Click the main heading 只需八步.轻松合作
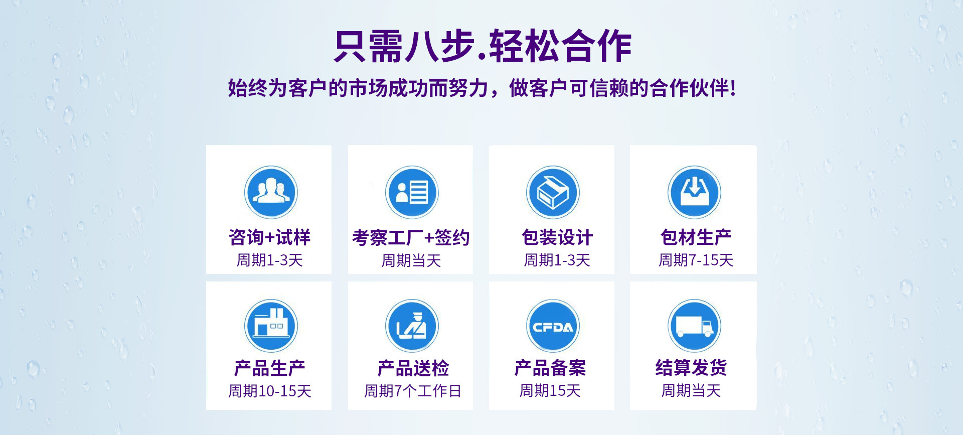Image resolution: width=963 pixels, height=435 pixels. click(483, 46)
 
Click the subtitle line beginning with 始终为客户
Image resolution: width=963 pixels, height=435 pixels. click(482, 88)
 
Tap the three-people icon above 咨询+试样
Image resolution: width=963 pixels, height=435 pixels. click(271, 192)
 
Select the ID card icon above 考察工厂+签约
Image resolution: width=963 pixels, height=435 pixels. click(412, 192)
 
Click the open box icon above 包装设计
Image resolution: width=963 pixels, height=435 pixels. click(553, 192)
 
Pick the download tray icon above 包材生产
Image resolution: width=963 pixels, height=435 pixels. click(694, 192)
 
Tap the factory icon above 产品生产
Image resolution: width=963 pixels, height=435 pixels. click(271, 326)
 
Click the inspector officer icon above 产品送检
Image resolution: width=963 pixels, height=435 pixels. click(412, 326)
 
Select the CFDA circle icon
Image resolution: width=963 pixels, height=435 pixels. click(553, 326)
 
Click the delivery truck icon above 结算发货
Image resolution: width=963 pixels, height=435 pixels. click(694, 326)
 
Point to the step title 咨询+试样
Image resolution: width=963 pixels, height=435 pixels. click(270, 237)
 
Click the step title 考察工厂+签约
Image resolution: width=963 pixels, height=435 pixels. click(411, 237)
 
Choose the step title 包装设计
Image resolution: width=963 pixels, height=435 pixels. click(557, 237)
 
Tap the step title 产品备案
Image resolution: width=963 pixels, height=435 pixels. click(550, 368)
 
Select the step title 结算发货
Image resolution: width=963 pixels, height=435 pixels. click(691, 368)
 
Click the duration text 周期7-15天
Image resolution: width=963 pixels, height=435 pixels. click(696, 260)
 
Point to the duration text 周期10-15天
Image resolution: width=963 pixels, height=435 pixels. click(270, 391)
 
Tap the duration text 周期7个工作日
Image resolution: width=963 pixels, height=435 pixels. click(412, 391)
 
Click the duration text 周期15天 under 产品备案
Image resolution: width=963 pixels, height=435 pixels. click(550, 390)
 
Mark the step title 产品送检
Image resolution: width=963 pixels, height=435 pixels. click(413, 368)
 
